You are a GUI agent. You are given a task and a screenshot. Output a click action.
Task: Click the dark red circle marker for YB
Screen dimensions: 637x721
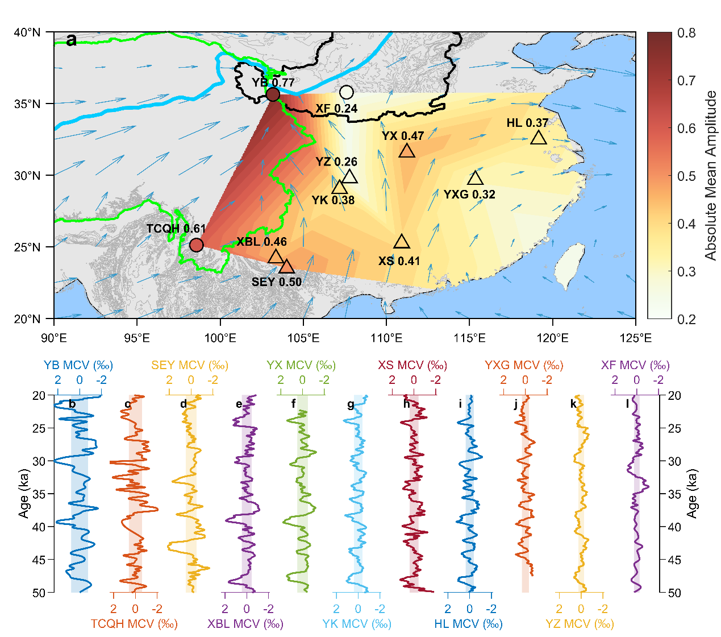(273, 94)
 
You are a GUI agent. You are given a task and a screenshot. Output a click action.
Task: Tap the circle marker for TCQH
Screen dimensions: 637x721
(196, 245)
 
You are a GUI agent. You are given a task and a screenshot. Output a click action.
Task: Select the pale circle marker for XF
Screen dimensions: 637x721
(347, 92)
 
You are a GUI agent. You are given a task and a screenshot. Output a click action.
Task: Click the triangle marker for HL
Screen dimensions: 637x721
(539, 138)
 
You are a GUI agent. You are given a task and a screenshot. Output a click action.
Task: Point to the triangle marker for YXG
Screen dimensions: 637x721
(476, 179)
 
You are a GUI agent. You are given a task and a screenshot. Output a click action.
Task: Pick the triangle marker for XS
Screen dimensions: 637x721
(402, 242)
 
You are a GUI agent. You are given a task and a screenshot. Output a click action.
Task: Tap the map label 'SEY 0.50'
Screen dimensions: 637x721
(277, 282)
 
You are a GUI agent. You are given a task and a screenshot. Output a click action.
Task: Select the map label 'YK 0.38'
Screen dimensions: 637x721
(333, 200)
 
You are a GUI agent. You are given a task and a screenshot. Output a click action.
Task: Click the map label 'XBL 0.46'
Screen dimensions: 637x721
(261, 242)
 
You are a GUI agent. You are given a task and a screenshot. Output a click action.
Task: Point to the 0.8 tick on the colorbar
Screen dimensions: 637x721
(686, 33)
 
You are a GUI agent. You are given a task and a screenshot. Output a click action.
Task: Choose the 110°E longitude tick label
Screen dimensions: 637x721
(386, 338)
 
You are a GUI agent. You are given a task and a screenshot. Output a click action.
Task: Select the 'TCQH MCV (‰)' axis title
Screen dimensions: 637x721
(134, 624)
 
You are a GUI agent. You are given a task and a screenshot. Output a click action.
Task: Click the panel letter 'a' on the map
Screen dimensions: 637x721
(72, 40)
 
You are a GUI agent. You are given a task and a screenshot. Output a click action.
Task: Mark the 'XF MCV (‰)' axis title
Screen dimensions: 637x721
(635, 365)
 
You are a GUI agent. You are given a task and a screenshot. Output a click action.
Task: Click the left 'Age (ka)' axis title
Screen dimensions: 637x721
(23, 494)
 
